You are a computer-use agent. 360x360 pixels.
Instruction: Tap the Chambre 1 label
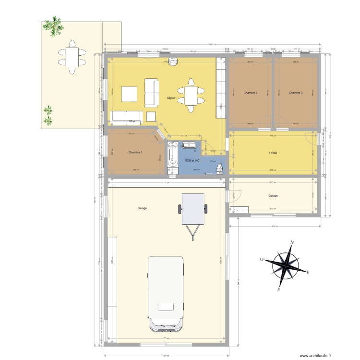(135, 152)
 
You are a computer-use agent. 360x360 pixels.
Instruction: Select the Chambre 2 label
(250, 92)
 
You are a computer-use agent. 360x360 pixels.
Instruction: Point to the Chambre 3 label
(296, 92)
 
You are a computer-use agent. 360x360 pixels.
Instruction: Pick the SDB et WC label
(192, 160)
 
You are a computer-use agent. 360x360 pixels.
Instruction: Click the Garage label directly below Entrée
(273, 195)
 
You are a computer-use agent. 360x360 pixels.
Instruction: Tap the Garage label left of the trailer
(142, 208)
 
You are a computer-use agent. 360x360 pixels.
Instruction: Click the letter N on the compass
(292, 242)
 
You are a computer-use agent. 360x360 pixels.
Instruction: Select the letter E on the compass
(308, 273)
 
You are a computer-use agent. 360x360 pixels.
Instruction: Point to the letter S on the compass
(278, 290)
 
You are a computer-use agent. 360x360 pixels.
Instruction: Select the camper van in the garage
(166, 293)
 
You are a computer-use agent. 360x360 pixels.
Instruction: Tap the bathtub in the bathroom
(172, 158)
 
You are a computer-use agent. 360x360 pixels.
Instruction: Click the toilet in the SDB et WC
(219, 168)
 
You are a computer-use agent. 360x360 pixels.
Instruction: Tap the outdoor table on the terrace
(72, 58)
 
